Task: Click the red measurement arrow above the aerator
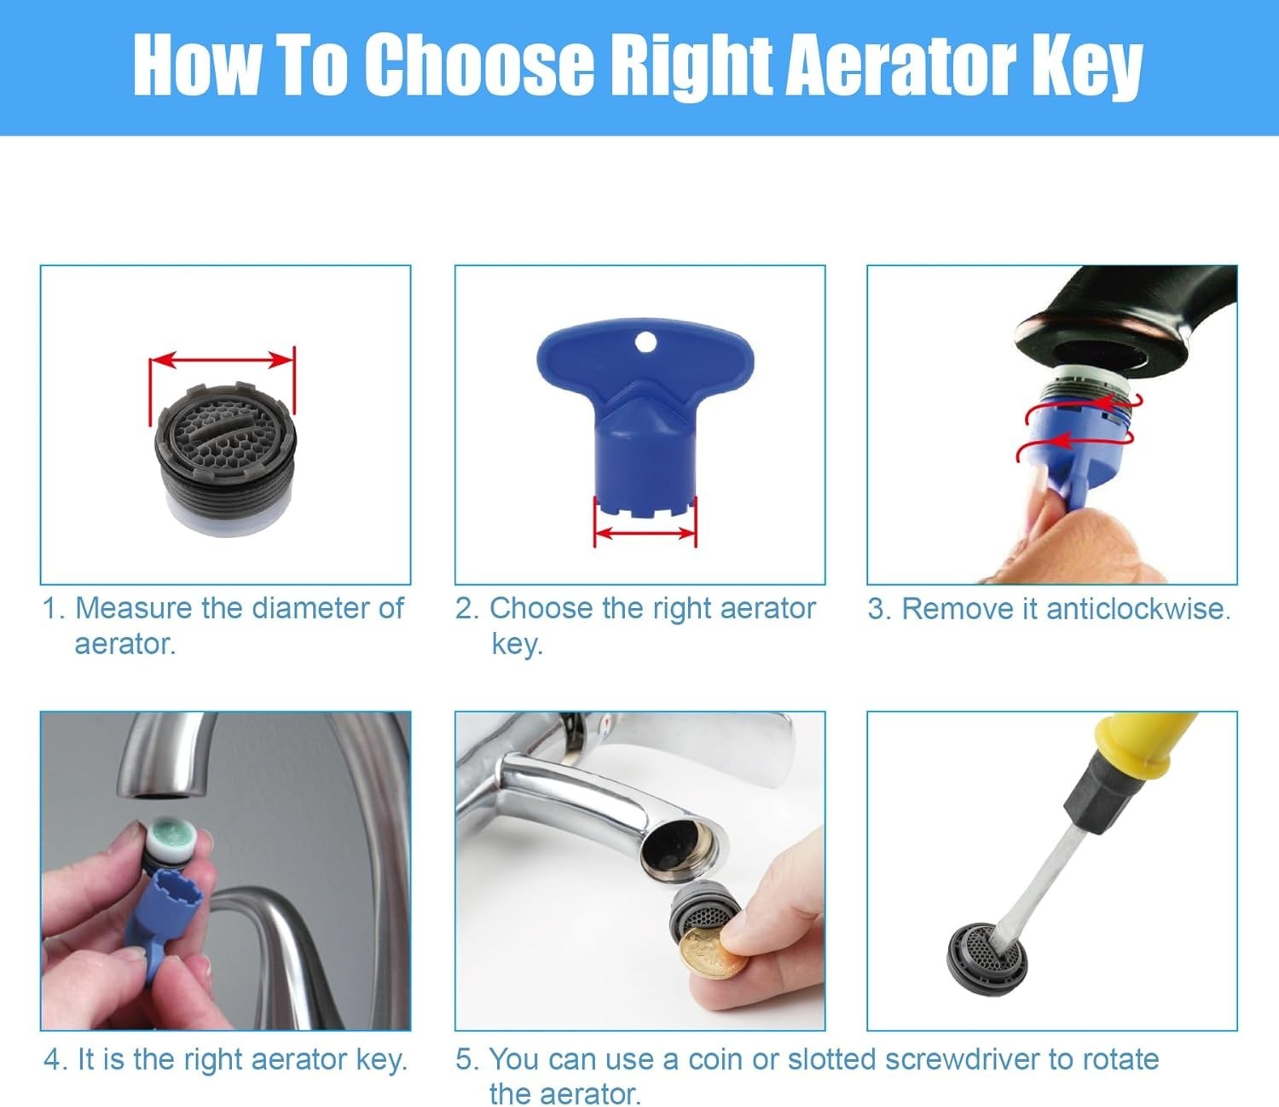point(222,360)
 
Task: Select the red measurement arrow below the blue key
point(645,533)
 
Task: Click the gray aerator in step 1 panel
point(225,459)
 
